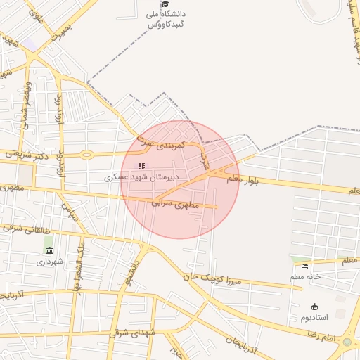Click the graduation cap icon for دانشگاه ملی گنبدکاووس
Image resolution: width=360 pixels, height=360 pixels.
click(165, 4)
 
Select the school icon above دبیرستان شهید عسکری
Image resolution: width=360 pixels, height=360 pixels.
click(141, 167)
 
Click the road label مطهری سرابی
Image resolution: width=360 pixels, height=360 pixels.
click(176, 204)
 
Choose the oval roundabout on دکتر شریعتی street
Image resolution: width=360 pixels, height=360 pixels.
click(86, 154)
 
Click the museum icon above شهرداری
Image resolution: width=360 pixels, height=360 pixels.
click(49, 250)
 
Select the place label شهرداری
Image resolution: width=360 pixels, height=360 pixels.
click(50, 261)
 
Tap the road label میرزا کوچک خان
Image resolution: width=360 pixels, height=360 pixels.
click(214, 278)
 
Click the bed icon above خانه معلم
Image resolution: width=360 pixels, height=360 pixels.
click(304, 266)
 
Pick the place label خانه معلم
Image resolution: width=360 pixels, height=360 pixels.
click(305, 276)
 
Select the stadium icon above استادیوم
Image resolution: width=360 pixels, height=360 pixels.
click(314, 307)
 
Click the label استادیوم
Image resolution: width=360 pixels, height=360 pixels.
click(314, 317)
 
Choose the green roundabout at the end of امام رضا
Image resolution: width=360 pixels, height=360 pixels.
click(347, 343)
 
